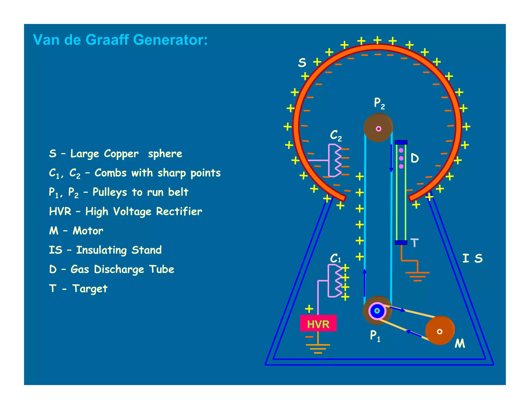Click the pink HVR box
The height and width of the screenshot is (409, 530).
pyautogui.click(x=318, y=323)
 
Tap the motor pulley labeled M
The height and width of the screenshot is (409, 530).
pyautogui.click(x=440, y=331)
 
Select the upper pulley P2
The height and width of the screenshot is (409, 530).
pyautogui.click(x=378, y=128)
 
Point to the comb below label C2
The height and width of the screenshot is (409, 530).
pyautogui.click(x=335, y=160)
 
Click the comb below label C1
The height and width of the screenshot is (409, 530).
pyautogui.click(x=335, y=281)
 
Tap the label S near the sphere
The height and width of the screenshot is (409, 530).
pyautogui.click(x=302, y=63)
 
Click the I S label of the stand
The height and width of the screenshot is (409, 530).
pyautogui.click(x=472, y=258)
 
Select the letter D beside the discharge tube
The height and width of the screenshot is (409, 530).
pyautogui.click(x=415, y=158)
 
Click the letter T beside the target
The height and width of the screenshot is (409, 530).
pyautogui.click(x=414, y=243)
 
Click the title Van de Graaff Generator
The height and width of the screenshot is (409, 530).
pyautogui.click(x=120, y=40)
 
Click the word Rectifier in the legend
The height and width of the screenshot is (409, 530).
pyautogui.click(x=179, y=211)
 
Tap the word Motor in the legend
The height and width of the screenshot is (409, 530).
pyautogui.click(x=88, y=231)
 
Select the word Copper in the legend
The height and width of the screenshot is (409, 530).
pyautogui.click(x=121, y=154)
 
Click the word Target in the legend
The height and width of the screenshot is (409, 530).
pyautogui.click(x=90, y=289)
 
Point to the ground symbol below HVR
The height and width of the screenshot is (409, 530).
pyautogui.click(x=318, y=348)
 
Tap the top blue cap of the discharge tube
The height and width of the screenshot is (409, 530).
pyautogui.click(x=401, y=142)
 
